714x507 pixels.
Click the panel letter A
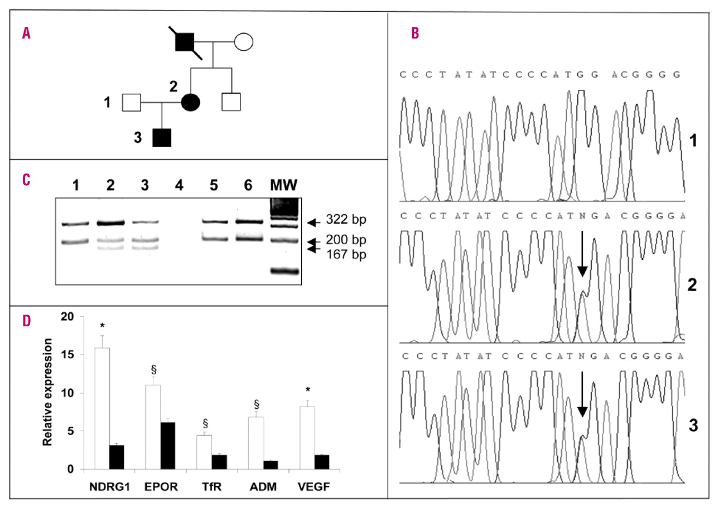pos(26,33)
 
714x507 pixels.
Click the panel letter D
pos(26,322)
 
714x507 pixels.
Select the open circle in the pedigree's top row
pos(244,42)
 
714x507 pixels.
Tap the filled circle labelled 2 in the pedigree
pos(191,102)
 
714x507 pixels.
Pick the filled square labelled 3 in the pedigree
pos(162,137)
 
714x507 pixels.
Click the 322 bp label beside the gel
pos(341,221)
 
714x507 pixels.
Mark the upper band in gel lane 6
pos(247,221)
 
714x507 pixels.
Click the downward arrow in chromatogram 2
pos(582,254)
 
